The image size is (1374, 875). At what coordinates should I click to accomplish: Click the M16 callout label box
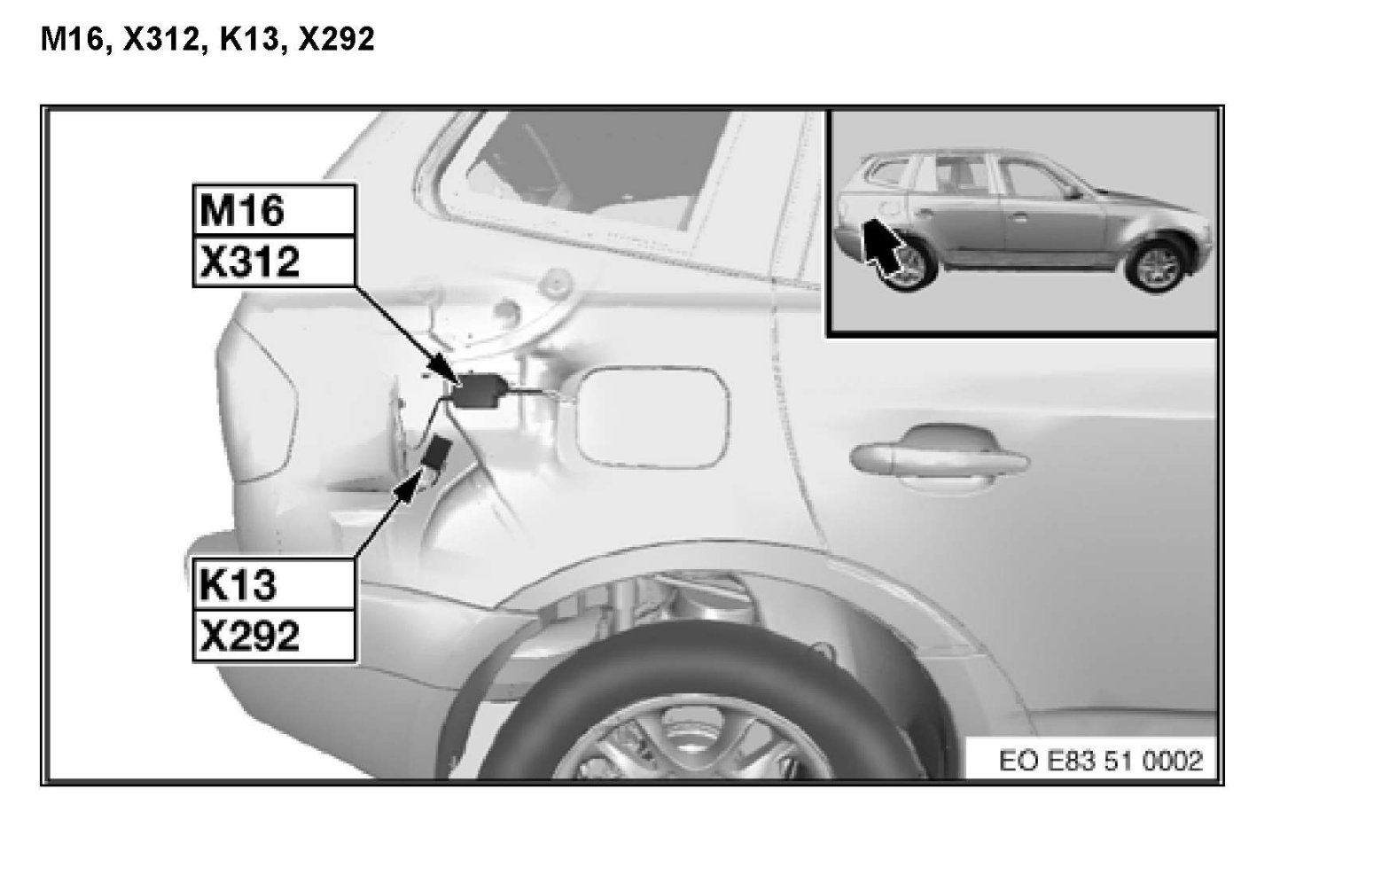click(274, 209)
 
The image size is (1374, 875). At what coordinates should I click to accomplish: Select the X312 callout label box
click(274, 261)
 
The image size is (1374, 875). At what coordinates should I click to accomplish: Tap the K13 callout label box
click(274, 584)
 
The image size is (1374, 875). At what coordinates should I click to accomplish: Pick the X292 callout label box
click(274, 636)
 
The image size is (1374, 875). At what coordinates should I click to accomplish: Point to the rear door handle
click(939, 457)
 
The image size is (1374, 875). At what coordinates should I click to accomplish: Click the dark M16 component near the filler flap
click(480, 391)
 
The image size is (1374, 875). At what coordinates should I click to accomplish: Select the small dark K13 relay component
click(438, 454)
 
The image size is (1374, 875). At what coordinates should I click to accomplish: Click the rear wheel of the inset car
click(907, 267)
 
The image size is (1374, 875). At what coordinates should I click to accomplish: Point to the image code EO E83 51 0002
click(1100, 761)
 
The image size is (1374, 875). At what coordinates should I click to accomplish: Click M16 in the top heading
click(73, 39)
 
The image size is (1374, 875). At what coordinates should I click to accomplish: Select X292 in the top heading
click(336, 39)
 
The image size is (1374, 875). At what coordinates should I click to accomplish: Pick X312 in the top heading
click(160, 39)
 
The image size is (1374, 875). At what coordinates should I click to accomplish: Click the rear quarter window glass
click(589, 166)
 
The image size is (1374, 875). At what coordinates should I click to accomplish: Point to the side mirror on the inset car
click(1073, 193)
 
